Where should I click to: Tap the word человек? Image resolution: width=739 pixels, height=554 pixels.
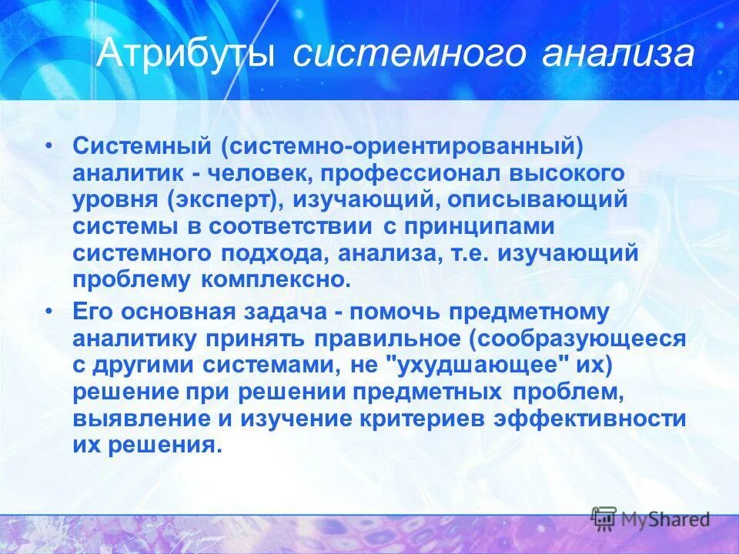[257, 173]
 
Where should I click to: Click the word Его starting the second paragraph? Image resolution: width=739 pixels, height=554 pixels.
[92, 312]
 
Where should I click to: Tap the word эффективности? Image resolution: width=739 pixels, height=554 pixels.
[590, 419]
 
